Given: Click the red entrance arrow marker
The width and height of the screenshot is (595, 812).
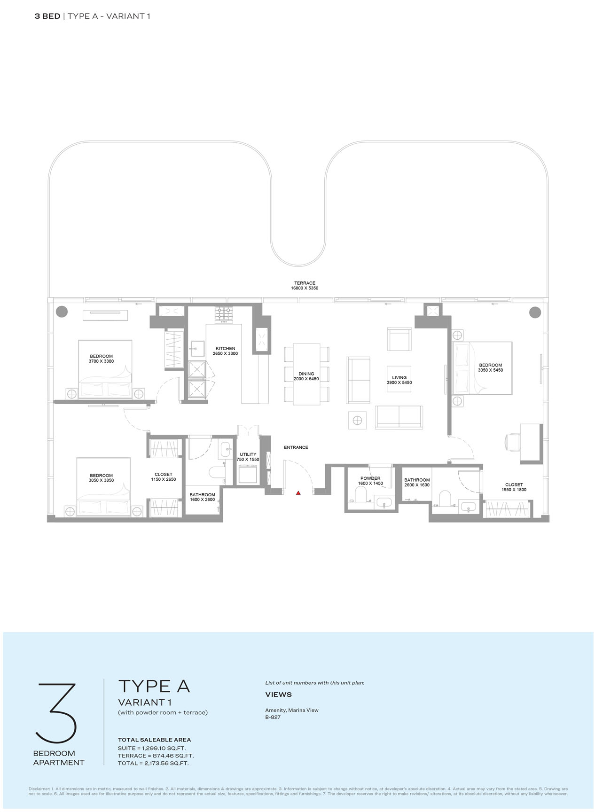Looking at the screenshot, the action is pyautogui.click(x=298, y=493).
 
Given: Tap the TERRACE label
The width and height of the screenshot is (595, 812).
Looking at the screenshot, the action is pyautogui.click(x=305, y=283).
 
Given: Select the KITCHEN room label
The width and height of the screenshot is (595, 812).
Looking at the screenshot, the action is pyautogui.click(x=226, y=349).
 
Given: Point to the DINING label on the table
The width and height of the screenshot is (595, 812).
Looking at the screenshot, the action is pyautogui.click(x=306, y=374).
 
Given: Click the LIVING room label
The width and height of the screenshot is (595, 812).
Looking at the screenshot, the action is pyautogui.click(x=399, y=378).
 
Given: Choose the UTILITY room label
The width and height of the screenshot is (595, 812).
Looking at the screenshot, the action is pyautogui.click(x=248, y=454).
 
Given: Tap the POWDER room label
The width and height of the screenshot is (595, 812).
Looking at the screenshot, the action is pyautogui.click(x=370, y=478).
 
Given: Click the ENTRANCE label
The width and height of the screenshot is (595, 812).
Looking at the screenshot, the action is pyautogui.click(x=296, y=447).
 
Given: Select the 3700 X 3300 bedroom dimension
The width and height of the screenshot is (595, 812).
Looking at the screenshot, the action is pyautogui.click(x=102, y=361).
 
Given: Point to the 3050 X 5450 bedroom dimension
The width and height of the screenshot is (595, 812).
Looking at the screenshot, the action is pyautogui.click(x=491, y=370).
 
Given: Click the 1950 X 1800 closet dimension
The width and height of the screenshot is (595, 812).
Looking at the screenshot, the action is pyautogui.click(x=514, y=490).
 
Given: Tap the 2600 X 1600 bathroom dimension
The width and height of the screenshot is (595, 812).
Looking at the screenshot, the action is pyautogui.click(x=417, y=485).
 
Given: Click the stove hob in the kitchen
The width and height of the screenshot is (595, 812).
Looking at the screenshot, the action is pyautogui.click(x=224, y=315).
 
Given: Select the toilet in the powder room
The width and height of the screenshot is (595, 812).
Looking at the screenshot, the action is pyautogui.click(x=361, y=494).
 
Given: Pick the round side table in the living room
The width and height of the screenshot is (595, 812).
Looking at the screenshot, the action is pyautogui.click(x=358, y=420).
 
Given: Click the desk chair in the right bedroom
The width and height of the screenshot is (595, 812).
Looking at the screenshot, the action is pyautogui.click(x=511, y=442).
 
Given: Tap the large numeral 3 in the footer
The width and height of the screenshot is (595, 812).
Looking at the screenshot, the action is pyautogui.click(x=55, y=712).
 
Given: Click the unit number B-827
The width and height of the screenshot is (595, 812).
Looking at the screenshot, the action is pyautogui.click(x=273, y=717).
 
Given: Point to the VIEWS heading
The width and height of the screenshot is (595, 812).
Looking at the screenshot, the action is pyautogui.click(x=279, y=695).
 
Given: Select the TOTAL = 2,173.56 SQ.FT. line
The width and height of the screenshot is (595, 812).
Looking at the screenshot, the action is pyautogui.click(x=153, y=763).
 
